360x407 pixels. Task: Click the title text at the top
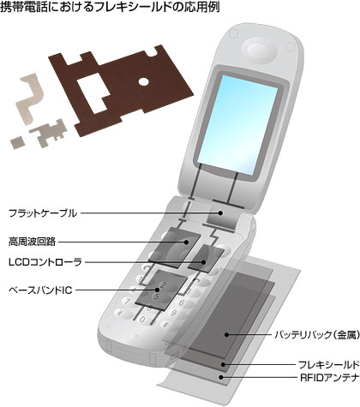110,7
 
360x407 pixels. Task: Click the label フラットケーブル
43,213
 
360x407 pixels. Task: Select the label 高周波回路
32,242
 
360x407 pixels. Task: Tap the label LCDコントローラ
45,262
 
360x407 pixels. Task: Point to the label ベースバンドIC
40,290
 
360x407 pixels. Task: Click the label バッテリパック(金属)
317,334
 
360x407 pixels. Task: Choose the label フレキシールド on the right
328,365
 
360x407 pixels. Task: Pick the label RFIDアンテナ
329,378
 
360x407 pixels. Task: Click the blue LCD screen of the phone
239,125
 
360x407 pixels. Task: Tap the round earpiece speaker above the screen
259,52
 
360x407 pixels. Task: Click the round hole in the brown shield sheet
144,82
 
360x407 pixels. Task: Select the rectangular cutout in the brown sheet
93,93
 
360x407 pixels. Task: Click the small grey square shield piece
17,142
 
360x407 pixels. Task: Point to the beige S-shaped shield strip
33,99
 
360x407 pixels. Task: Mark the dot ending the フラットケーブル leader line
220,212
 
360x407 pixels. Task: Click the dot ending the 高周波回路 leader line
186,242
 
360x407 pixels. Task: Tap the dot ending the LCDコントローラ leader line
203,262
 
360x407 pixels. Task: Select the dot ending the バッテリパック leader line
226,334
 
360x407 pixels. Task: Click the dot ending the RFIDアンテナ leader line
221,377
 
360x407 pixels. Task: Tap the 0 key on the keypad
142,319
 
